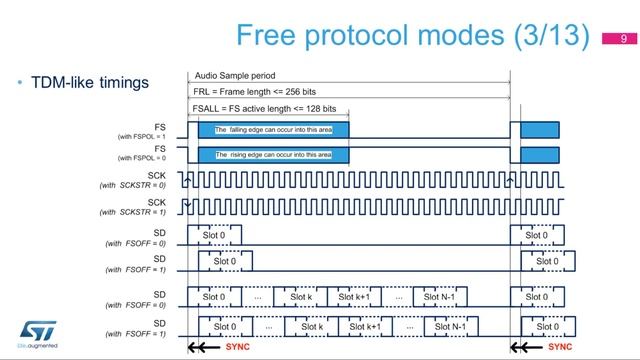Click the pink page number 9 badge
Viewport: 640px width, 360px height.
[x=624, y=40]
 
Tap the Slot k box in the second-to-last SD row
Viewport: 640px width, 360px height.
[x=301, y=297]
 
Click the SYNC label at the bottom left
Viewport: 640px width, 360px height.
[x=238, y=348]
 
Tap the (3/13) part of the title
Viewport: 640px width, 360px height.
[x=549, y=37]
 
